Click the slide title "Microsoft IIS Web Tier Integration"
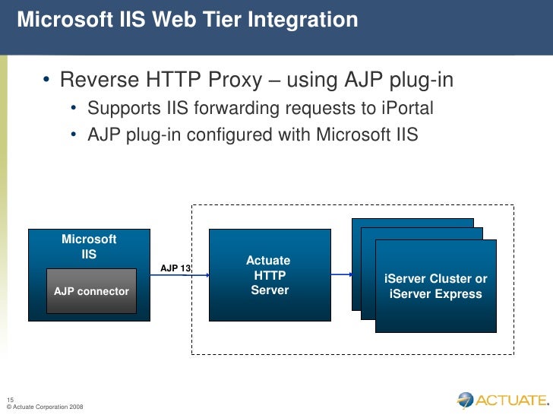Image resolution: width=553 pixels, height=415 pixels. [x=187, y=21]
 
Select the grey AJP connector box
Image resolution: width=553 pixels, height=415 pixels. [x=91, y=291]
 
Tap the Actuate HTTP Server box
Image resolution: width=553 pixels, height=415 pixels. [x=270, y=275]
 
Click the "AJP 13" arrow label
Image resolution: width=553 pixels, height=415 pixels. [x=175, y=268]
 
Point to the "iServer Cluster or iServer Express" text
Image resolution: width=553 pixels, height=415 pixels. [x=436, y=287]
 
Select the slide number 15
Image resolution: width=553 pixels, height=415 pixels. [x=10, y=401]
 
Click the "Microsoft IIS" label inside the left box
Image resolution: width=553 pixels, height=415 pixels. [x=89, y=247]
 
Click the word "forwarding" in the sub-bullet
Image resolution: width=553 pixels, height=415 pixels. [x=230, y=109]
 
